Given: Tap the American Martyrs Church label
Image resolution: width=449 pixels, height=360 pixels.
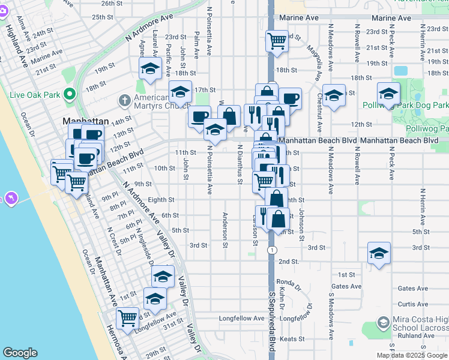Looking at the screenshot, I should point(158,102).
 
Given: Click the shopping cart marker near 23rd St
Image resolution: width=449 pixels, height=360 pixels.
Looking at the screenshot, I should point(277,41).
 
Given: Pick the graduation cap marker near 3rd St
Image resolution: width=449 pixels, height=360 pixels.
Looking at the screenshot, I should point(378,253).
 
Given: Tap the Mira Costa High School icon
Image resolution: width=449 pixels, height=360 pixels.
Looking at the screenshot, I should point(384,323).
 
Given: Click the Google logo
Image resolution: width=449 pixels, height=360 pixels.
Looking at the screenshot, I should point(20,353).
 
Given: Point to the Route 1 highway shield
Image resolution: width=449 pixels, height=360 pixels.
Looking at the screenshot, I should point(273,250).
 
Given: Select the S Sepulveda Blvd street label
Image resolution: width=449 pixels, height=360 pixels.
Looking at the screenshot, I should point(272,321).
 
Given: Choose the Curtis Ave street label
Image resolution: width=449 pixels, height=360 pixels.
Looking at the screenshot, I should point(413,304).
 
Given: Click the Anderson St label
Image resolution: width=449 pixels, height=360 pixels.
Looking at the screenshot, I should point(226,230).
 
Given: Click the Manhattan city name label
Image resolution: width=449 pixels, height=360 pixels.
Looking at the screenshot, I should point(85,121).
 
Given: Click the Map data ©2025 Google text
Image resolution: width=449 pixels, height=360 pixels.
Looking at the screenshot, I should point(412,355).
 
